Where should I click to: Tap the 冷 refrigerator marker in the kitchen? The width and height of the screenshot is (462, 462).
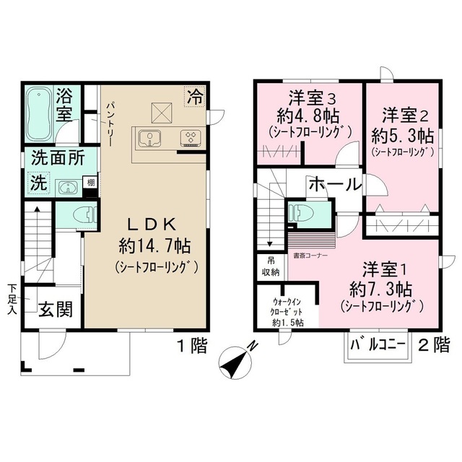195,95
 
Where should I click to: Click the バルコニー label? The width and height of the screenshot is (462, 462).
378,344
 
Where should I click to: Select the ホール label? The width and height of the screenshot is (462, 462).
334,185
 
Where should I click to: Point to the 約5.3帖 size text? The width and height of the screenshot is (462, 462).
402,134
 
